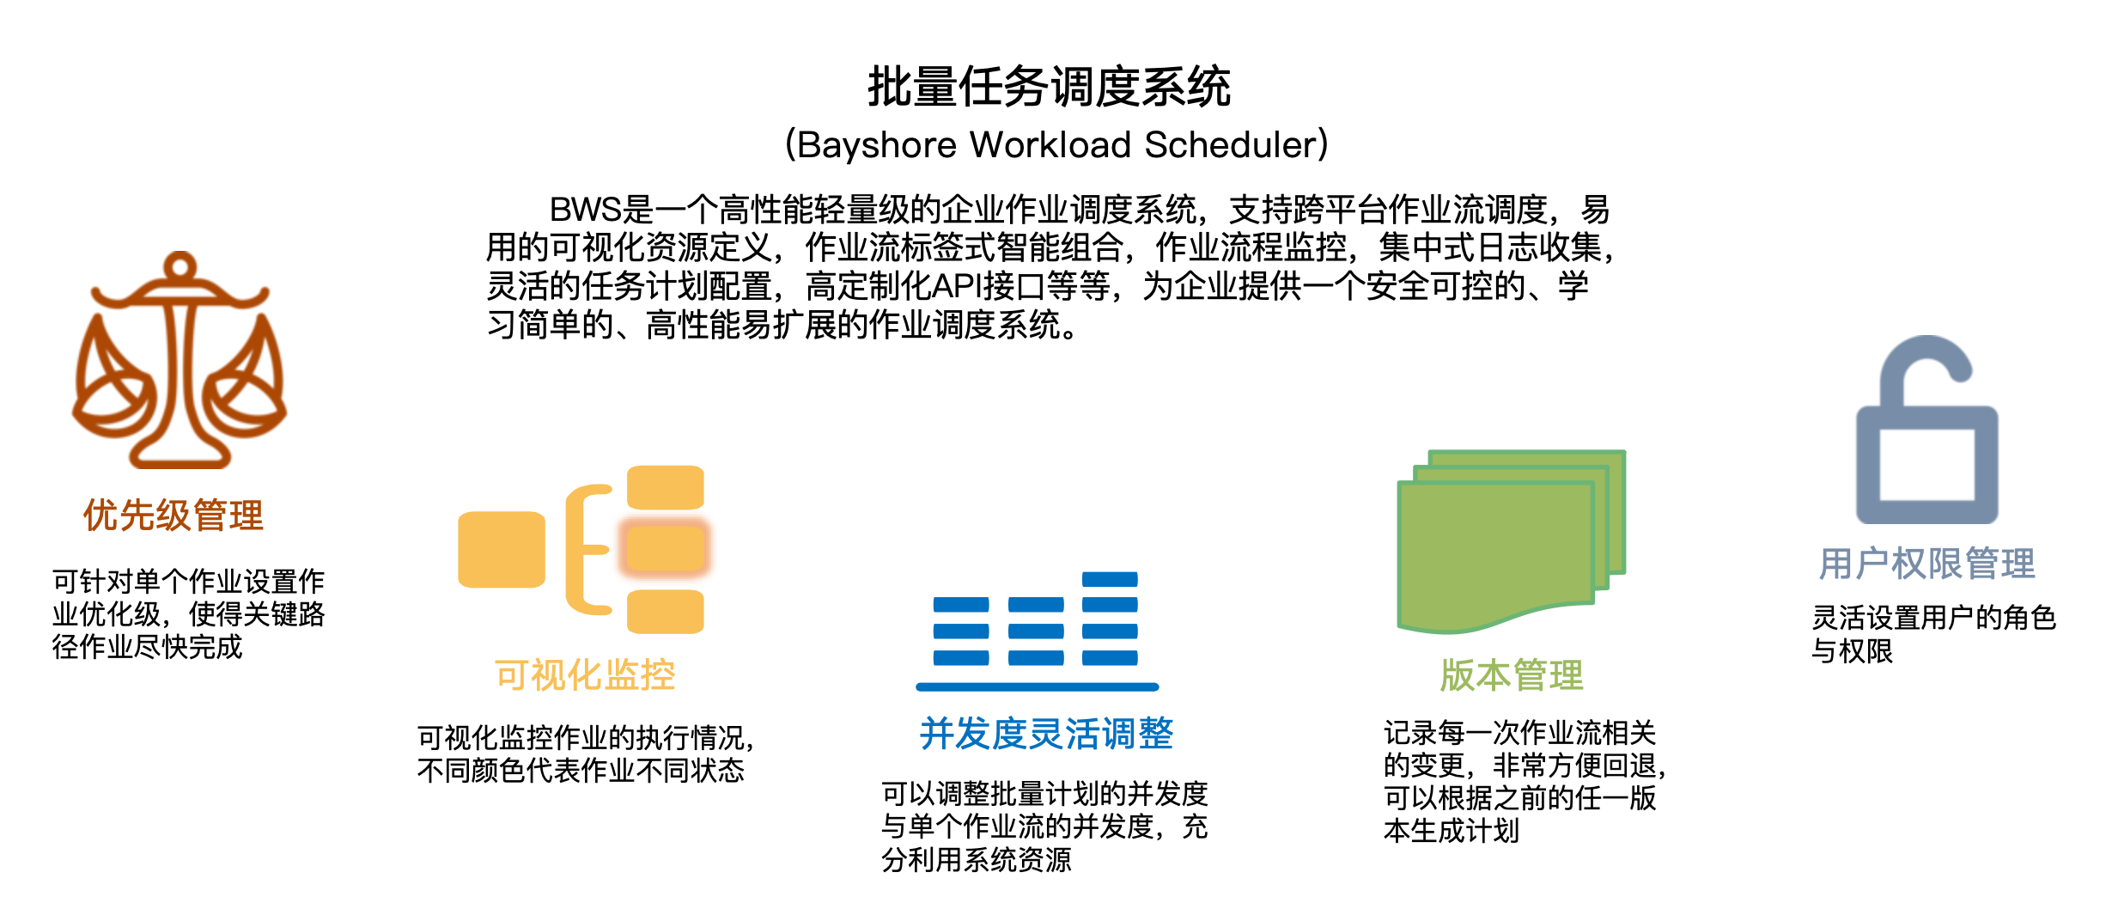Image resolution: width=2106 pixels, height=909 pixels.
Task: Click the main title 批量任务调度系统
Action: click(x=1049, y=87)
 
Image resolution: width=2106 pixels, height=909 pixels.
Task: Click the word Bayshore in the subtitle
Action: click(x=876, y=144)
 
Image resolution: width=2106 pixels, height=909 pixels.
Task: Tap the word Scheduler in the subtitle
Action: click(x=1230, y=144)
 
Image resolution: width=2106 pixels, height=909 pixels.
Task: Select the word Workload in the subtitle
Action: click(x=1050, y=144)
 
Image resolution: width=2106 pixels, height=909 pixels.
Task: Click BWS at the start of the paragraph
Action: click(x=585, y=210)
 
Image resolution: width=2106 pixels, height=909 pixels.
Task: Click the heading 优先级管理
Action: click(x=173, y=516)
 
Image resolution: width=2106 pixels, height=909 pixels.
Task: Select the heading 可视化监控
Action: click(x=585, y=675)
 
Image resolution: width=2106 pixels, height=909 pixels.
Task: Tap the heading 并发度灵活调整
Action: click(x=1046, y=734)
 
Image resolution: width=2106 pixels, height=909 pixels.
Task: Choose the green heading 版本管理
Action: click(x=1512, y=675)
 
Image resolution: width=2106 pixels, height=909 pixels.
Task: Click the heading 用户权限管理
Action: click(x=1926, y=564)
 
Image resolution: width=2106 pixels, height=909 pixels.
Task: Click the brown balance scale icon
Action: click(x=179, y=361)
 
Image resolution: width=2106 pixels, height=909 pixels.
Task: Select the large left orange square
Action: click(x=502, y=550)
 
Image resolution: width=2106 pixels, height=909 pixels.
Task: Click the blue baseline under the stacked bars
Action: click(x=1038, y=687)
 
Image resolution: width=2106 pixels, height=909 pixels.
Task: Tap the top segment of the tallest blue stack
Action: click(x=1110, y=579)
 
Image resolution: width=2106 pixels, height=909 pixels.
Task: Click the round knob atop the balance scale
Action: click(x=180, y=266)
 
